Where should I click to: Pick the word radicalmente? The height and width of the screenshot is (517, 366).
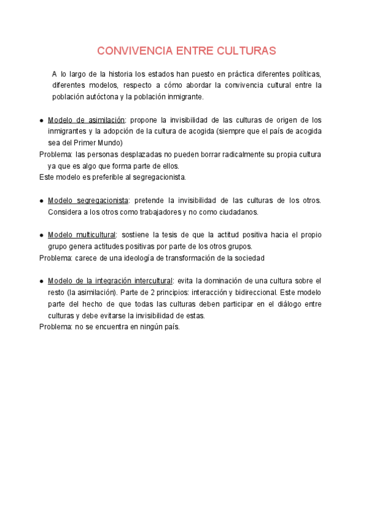(231, 154)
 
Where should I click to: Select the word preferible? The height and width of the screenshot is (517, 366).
(107, 177)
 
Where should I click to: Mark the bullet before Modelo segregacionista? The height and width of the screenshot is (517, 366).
(41, 201)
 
